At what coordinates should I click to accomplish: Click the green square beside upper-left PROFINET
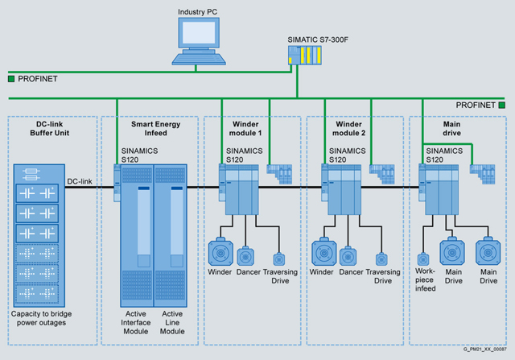pyautogui.click(x=11, y=79)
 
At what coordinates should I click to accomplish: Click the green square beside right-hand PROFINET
pyautogui.click(x=501, y=105)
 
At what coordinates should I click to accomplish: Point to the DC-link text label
pyautogui.click(x=80, y=182)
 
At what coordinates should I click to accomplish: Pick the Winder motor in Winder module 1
pyautogui.click(x=219, y=250)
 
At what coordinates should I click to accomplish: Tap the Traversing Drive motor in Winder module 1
pyautogui.click(x=279, y=259)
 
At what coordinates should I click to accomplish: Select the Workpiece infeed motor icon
pyautogui.click(x=423, y=260)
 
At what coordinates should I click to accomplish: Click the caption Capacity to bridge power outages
pyautogui.click(x=50, y=318)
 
